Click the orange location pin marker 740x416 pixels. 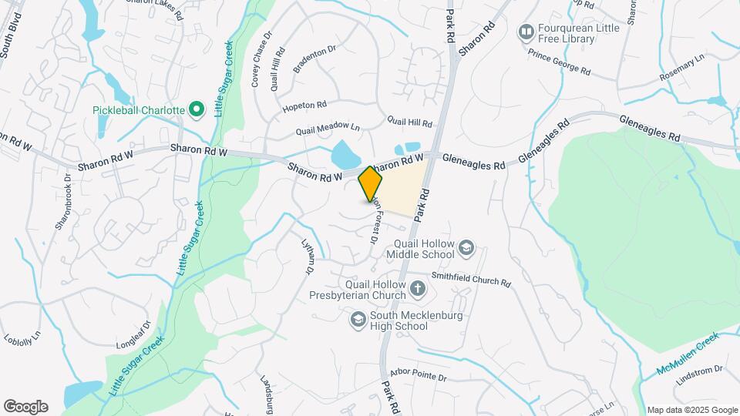coord(370,183)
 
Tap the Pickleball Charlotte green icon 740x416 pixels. coord(196,109)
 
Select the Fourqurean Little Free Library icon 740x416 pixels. coord(527,32)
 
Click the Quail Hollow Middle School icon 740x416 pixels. coord(466,247)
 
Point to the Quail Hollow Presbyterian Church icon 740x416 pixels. coord(417,289)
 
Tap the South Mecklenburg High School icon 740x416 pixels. coord(358,319)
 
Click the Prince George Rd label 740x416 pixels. coord(559,62)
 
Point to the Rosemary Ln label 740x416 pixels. coord(682,69)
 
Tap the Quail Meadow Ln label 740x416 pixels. coord(333,126)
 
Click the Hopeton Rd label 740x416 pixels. coord(304,104)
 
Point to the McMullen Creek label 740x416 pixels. coord(688,354)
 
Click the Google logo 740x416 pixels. coord(25,406)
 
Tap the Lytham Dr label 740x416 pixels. coord(307,255)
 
